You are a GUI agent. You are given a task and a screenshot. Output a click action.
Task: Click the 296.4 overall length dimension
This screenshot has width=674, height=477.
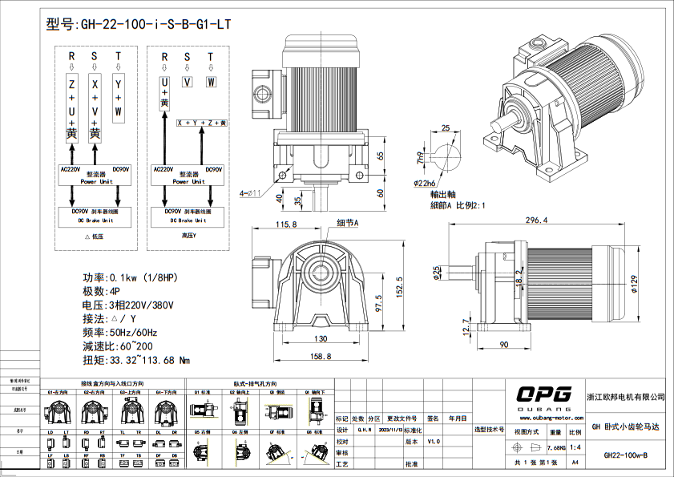coord(536,220)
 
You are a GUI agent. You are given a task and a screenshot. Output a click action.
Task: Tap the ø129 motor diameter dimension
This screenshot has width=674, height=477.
coord(633,285)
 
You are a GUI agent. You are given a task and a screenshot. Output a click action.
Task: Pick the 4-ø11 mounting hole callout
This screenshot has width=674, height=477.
coord(251,192)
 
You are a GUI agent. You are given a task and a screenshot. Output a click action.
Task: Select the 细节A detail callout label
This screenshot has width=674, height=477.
coord(347,222)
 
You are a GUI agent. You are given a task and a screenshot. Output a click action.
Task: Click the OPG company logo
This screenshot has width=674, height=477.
coord(543,394)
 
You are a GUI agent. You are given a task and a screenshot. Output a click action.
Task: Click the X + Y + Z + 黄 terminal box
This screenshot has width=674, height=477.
coord(202,123)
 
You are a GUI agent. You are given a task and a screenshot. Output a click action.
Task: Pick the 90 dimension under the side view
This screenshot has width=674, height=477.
coord(504,345)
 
